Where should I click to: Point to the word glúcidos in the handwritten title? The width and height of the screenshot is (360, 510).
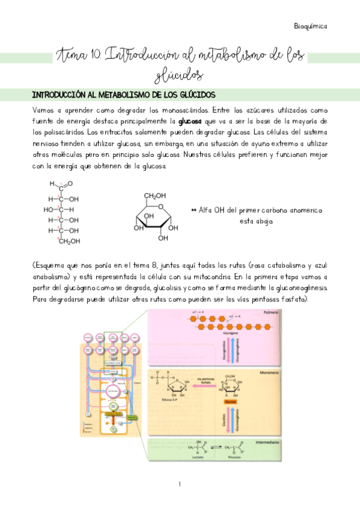point(179,75)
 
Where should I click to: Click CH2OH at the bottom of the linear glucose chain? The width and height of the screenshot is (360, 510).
point(69,241)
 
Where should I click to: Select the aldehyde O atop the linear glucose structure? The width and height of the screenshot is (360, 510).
point(70,184)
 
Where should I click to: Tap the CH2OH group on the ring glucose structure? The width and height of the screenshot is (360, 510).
point(154,196)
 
